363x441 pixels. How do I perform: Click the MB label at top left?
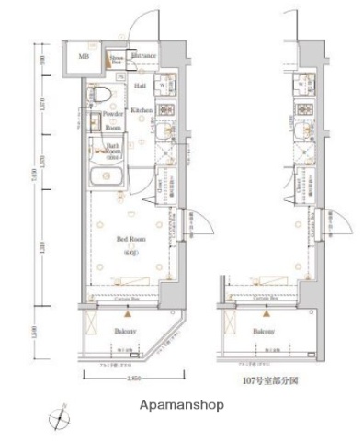(84, 58)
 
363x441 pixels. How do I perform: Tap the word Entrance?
(142, 57)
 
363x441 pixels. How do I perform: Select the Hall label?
(141, 85)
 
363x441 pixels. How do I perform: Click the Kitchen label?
(141, 110)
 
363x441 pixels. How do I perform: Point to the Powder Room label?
(113, 119)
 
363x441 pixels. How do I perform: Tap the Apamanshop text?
(182, 404)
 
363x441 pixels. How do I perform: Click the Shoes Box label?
(119, 59)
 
